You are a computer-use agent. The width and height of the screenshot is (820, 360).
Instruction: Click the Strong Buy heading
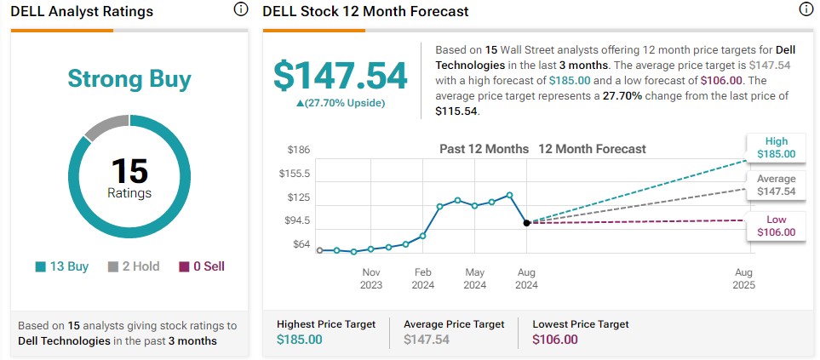tap(129, 79)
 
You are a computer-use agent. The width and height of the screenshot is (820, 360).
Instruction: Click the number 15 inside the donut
tap(129, 170)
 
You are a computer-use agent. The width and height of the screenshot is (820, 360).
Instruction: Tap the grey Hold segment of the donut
tap(104, 128)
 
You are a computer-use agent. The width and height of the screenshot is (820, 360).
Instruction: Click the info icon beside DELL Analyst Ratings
tap(240, 10)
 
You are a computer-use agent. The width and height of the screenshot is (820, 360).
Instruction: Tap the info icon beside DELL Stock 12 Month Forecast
tap(806, 10)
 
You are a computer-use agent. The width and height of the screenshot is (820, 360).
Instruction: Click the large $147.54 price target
tap(340, 75)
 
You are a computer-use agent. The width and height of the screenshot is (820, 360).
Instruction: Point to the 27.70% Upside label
tap(340, 103)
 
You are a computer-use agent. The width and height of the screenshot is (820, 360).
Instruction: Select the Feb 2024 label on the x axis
tap(423, 278)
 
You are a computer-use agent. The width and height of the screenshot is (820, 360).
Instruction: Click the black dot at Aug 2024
tap(527, 222)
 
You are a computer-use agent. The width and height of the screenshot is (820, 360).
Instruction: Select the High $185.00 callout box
tap(776, 148)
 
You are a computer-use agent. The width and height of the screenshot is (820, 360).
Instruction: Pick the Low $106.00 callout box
tap(776, 226)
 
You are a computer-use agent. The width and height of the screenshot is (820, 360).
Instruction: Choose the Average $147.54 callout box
tap(776, 186)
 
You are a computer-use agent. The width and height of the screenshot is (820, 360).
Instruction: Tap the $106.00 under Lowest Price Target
tap(557, 340)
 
